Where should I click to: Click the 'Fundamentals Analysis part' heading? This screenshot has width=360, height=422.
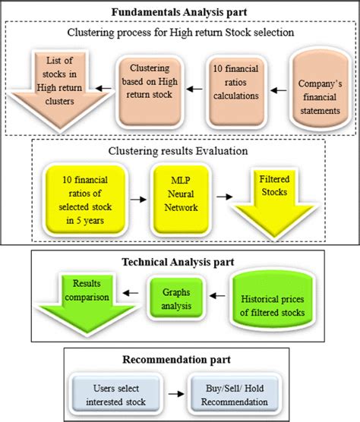pos(179,12)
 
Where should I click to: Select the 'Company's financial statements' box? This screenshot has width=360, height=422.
pos(321,89)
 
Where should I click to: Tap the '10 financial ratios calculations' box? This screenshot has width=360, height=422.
pos(236,92)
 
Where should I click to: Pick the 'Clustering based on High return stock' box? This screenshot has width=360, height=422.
pos(150,92)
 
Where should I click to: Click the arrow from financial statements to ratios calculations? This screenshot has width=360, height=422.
pos(279,90)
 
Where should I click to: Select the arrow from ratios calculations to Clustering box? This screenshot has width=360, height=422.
pos(194,89)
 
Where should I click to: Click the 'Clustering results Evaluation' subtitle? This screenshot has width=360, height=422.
pos(178,151)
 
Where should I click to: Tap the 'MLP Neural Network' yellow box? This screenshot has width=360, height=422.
pos(181,199)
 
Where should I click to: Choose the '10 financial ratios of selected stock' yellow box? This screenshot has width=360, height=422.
pos(85,200)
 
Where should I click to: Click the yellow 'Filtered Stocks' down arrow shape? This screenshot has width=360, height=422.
pos(274,203)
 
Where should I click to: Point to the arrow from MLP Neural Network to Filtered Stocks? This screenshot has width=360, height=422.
pos(225,197)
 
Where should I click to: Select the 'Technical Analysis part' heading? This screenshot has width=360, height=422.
pos(178,262)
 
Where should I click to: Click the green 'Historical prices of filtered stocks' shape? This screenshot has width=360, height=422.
pos(273,299)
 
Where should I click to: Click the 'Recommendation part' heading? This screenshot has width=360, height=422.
pos(177,360)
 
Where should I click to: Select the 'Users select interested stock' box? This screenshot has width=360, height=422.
pos(116,395)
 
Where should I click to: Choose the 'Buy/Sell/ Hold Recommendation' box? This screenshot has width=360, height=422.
pos(235,395)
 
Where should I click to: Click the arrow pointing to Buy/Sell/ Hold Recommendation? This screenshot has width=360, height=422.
pos(176,394)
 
